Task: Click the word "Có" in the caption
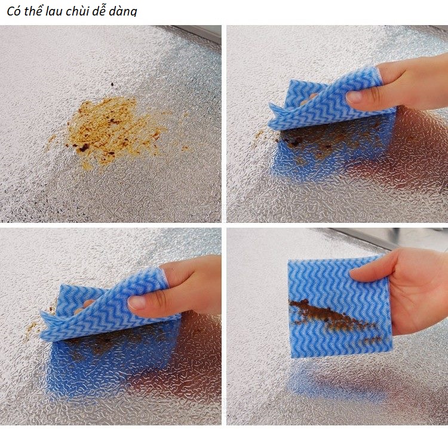point(13,11)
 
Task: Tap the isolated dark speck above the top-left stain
point(112,84)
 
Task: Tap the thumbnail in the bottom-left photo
point(137,302)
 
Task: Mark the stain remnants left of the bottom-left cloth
point(36,326)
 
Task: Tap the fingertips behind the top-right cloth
point(308,99)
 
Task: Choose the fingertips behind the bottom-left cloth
point(85,305)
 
